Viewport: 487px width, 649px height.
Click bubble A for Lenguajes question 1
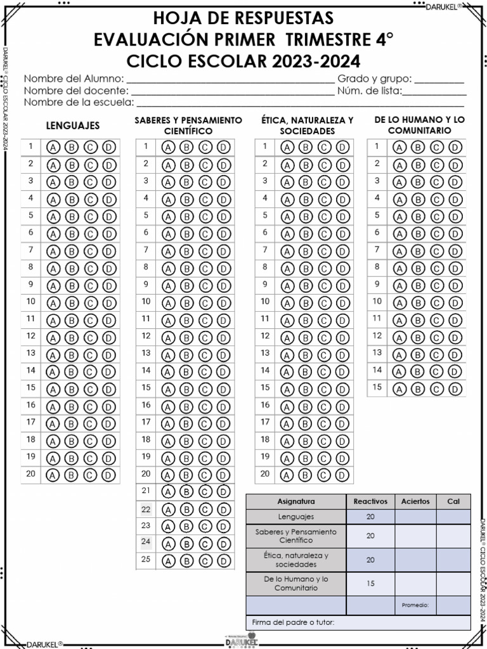(x=53, y=148)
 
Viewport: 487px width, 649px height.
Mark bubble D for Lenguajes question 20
(x=109, y=474)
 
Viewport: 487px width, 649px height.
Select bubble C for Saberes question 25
(x=205, y=561)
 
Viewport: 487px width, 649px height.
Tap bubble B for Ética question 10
(x=306, y=303)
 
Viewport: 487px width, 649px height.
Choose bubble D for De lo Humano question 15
(x=455, y=388)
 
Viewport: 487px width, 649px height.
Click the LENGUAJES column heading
(x=73, y=125)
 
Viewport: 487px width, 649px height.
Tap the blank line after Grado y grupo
(x=439, y=80)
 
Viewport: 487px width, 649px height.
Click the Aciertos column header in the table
(x=415, y=501)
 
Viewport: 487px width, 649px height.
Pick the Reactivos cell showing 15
(x=370, y=584)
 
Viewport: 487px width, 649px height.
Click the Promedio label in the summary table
(x=415, y=605)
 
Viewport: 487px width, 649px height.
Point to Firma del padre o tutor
(x=293, y=622)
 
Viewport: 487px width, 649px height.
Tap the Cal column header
(x=453, y=501)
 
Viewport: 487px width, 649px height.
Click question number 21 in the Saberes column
(x=146, y=491)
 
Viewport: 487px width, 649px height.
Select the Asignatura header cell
(x=295, y=501)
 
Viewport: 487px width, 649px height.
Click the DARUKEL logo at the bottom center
(x=243, y=640)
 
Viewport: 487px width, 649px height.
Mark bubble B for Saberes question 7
(x=186, y=251)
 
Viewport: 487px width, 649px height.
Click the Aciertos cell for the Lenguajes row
(x=415, y=517)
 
